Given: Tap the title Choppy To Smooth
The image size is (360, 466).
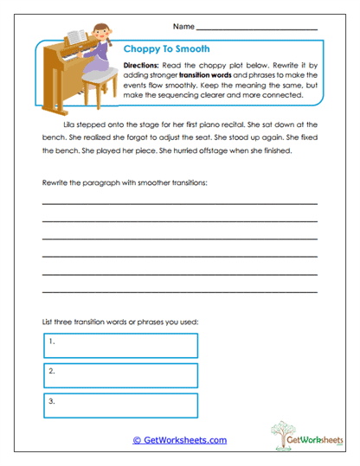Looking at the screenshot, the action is coord(166,49).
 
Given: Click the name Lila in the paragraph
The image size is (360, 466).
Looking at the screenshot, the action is coord(71,124).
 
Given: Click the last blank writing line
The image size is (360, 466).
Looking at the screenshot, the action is coord(179,290).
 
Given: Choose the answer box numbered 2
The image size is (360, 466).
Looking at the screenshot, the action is coord(120,374).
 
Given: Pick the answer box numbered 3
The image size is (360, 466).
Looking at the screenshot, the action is coord(120,405).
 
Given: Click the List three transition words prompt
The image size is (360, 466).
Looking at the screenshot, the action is coord(120,322).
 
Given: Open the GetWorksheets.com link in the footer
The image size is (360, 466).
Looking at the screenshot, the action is coord(180,440).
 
